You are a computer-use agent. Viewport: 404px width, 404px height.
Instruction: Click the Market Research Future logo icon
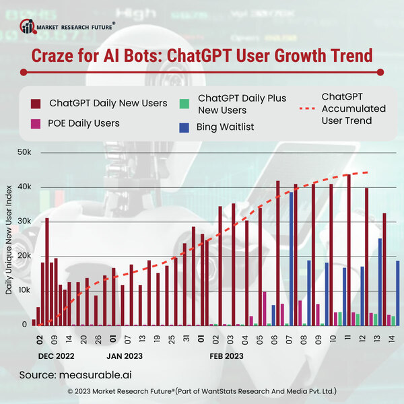click(x=27, y=26)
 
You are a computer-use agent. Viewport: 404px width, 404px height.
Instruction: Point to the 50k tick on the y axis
click(x=25, y=153)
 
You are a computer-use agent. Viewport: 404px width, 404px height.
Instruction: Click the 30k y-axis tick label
click(x=25, y=222)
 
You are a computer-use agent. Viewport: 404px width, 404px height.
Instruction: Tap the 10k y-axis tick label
click(x=25, y=290)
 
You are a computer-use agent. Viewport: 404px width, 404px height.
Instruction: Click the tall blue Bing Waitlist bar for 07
click(x=292, y=259)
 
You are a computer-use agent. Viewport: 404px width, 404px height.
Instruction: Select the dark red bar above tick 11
click(x=349, y=250)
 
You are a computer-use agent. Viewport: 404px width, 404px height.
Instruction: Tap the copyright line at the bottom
click(x=202, y=391)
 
